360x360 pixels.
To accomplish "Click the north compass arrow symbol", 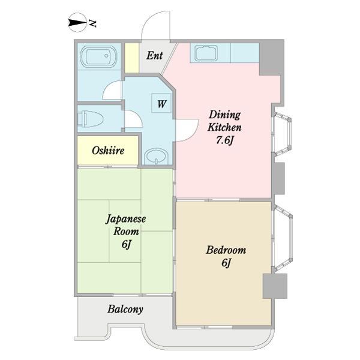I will [77, 23].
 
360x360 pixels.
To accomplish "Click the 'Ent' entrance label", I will [154, 56].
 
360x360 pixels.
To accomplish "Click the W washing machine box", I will [161, 103].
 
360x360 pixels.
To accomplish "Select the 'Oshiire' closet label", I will [108, 151].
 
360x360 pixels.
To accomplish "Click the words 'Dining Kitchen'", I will [224, 121].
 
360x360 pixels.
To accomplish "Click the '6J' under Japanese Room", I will [127, 244].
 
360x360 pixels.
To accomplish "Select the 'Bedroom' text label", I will [226, 250].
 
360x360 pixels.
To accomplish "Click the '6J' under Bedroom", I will [226, 263].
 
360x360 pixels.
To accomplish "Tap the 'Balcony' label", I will [125, 310].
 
